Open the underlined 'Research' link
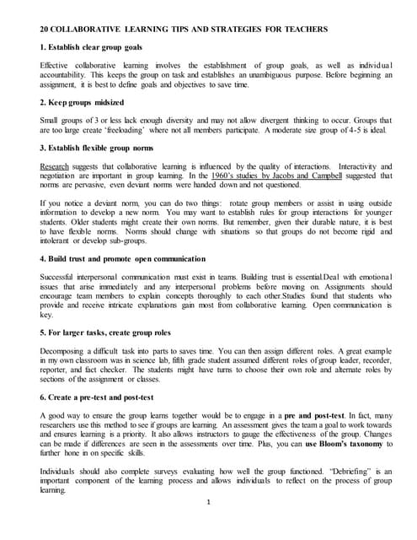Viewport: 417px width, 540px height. tap(56, 167)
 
